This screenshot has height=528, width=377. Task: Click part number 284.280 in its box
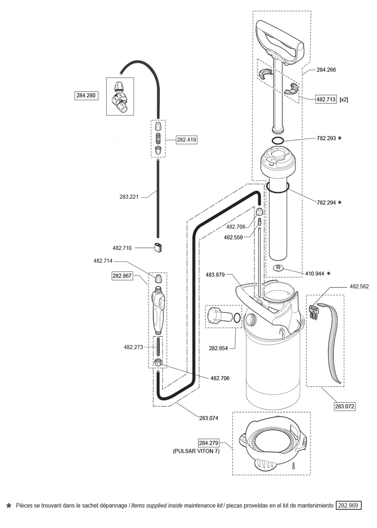[86, 95]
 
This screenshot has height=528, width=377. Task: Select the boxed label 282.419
[186, 140]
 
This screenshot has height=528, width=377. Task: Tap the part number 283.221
[129, 197]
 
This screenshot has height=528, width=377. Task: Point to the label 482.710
[122, 248]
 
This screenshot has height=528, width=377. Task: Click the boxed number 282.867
[122, 276]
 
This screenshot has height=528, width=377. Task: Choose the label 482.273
[133, 347]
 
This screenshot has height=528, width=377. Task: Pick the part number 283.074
[209, 418]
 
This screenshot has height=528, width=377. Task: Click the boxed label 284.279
[209, 443]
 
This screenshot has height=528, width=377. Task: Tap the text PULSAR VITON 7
[196, 451]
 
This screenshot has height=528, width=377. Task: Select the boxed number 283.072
[345, 406]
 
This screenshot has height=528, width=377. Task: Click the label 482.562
[359, 286]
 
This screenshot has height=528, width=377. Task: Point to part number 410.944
[315, 274]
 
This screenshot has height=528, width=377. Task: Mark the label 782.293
[326, 138]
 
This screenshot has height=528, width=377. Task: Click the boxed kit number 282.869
[348, 505]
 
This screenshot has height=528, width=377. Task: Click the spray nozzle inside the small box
[120, 96]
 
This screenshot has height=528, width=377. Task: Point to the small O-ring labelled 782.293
[278, 141]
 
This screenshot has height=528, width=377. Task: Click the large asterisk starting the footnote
[9, 506]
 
